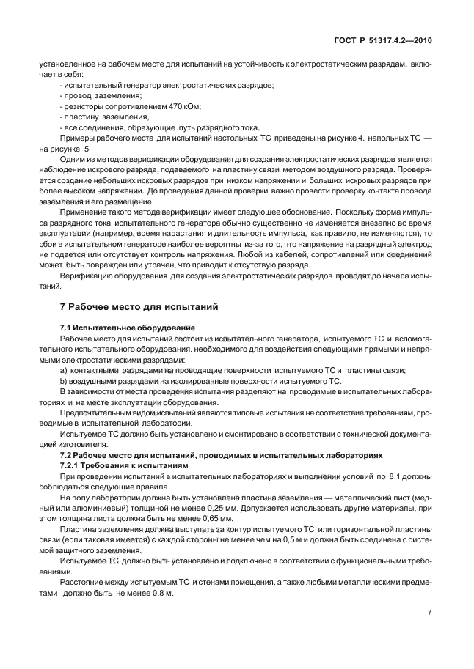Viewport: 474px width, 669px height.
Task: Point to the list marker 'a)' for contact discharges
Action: (x=64, y=369)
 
